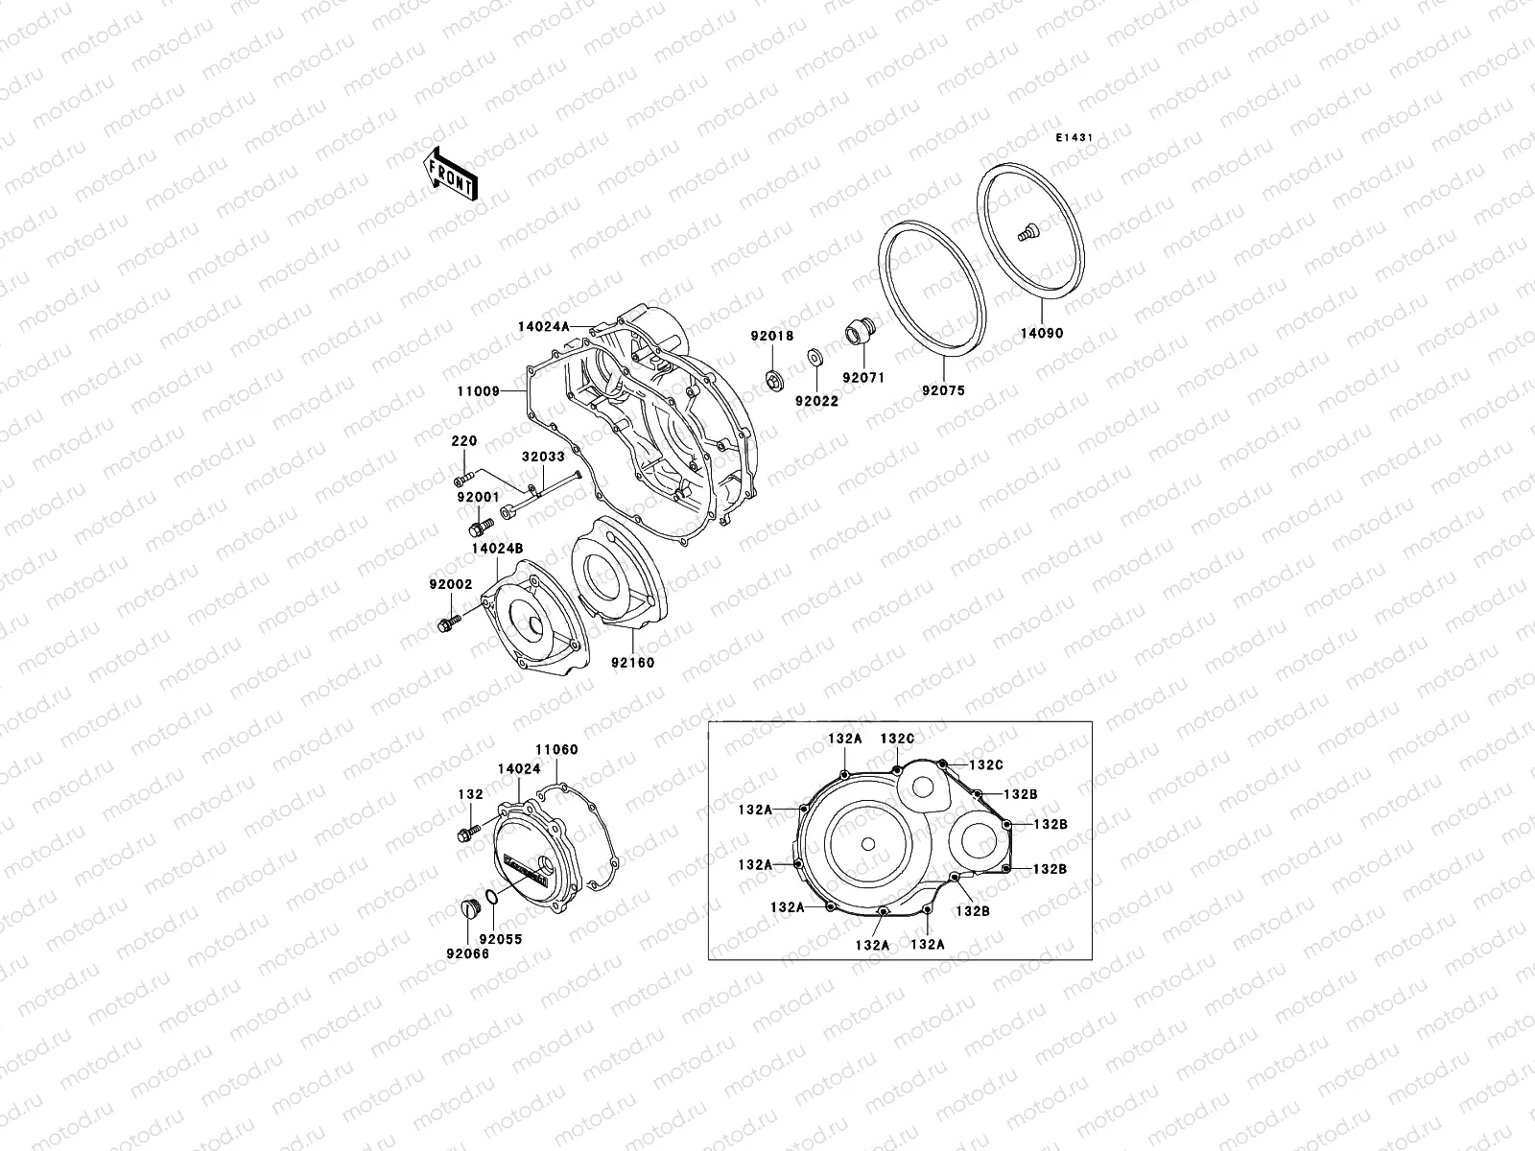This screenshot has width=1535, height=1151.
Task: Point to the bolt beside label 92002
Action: pyautogui.click(x=447, y=624)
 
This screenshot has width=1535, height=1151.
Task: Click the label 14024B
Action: pyautogui.click(x=497, y=548)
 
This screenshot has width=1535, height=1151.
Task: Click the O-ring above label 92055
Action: pyautogui.click(x=490, y=898)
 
